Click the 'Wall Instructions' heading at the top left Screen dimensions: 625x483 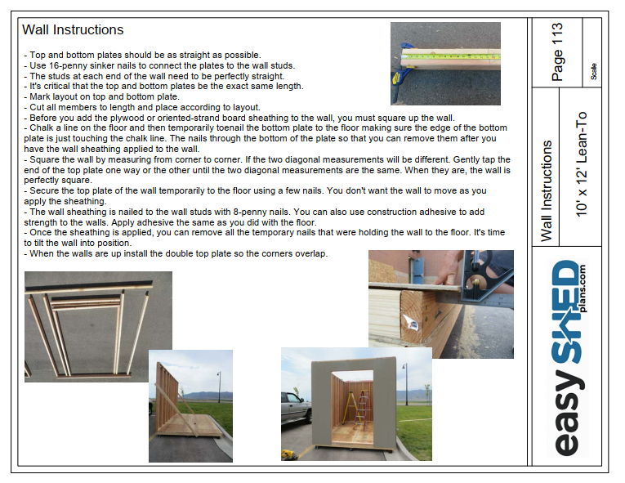pos(73,30)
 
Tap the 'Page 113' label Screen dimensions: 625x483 pos(557,51)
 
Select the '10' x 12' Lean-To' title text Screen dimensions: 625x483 pos(582,164)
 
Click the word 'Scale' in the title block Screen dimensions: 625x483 pos(593,71)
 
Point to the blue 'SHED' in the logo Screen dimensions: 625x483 pos(566,312)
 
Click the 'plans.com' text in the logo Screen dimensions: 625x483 pos(583,288)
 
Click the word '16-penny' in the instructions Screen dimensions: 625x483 pos(66,65)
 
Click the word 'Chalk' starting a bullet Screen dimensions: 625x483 pos(41,128)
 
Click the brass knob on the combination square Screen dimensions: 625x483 pos(475,283)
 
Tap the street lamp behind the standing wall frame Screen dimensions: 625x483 pos(219,387)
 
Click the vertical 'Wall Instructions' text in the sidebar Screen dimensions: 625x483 pos(547,191)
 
